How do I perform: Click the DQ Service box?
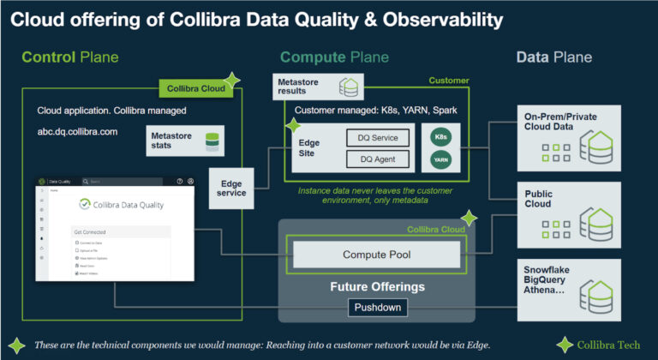379,137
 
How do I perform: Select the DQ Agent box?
379,159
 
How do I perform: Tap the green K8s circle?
441,136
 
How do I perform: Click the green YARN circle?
441,159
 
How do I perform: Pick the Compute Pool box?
377,255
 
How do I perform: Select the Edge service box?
232,188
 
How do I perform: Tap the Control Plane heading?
70,57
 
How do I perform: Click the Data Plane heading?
553,57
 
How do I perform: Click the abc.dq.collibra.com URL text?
77,132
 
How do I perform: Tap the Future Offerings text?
378,286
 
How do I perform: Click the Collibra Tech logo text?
608,345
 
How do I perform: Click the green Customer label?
449,81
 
